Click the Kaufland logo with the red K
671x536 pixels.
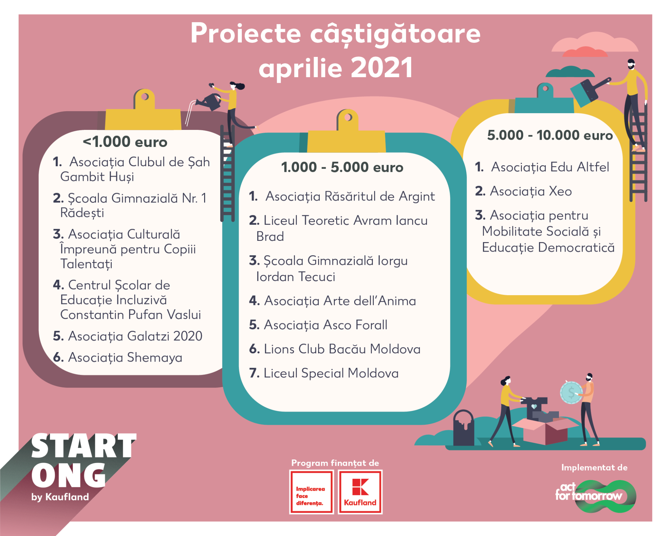pyautogui.click(x=360, y=492)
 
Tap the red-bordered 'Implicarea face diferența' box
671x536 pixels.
pyautogui.click(x=311, y=492)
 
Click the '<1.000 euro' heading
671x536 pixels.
pyautogui.click(x=125, y=142)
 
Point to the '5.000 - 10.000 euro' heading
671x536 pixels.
pyautogui.click(x=550, y=135)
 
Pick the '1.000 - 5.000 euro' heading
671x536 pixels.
pyautogui.click(x=342, y=167)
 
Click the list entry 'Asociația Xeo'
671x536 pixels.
pyautogui.click(x=524, y=191)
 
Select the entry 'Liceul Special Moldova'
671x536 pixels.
pyautogui.click(x=324, y=373)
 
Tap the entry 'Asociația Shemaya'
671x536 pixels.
pyautogui.click(x=117, y=357)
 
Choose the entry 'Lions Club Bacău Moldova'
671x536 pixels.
pyautogui.click(x=335, y=349)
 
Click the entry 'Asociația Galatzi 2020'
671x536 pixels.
pyautogui.click(x=127, y=336)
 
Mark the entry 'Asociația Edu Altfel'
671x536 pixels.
pyautogui.click(x=542, y=167)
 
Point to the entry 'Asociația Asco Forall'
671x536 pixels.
pyautogui.click(x=318, y=325)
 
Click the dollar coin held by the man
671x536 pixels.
pyautogui.click(x=571, y=392)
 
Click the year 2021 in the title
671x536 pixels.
pyautogui.click(x=382, y=68)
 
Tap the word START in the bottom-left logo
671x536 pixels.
pyautogui.click(x=84, y=445)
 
